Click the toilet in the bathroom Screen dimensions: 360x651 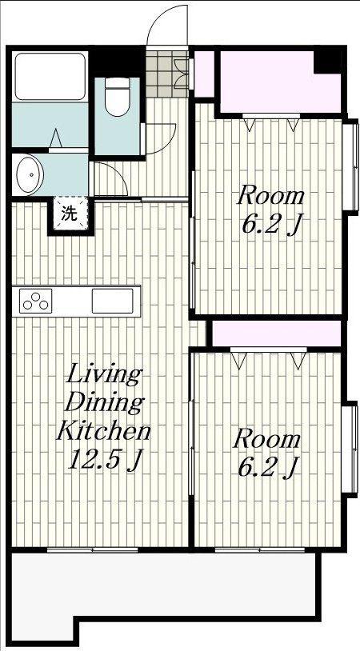[117, 96]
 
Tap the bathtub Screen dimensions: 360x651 [50, 76]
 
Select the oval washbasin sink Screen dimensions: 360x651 [30, 174]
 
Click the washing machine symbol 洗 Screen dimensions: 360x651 [70, 214]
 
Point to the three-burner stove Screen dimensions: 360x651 [35, 301]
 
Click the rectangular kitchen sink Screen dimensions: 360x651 [112, 301]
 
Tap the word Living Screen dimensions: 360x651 [104, 374]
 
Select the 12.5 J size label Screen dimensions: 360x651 [105, 459]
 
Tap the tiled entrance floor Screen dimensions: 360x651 [166, 74]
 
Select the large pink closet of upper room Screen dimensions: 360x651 [279, 82]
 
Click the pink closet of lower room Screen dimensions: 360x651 [277, 333]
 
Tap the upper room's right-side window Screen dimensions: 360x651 [350, 166]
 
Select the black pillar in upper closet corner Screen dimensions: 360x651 [328, 61]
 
